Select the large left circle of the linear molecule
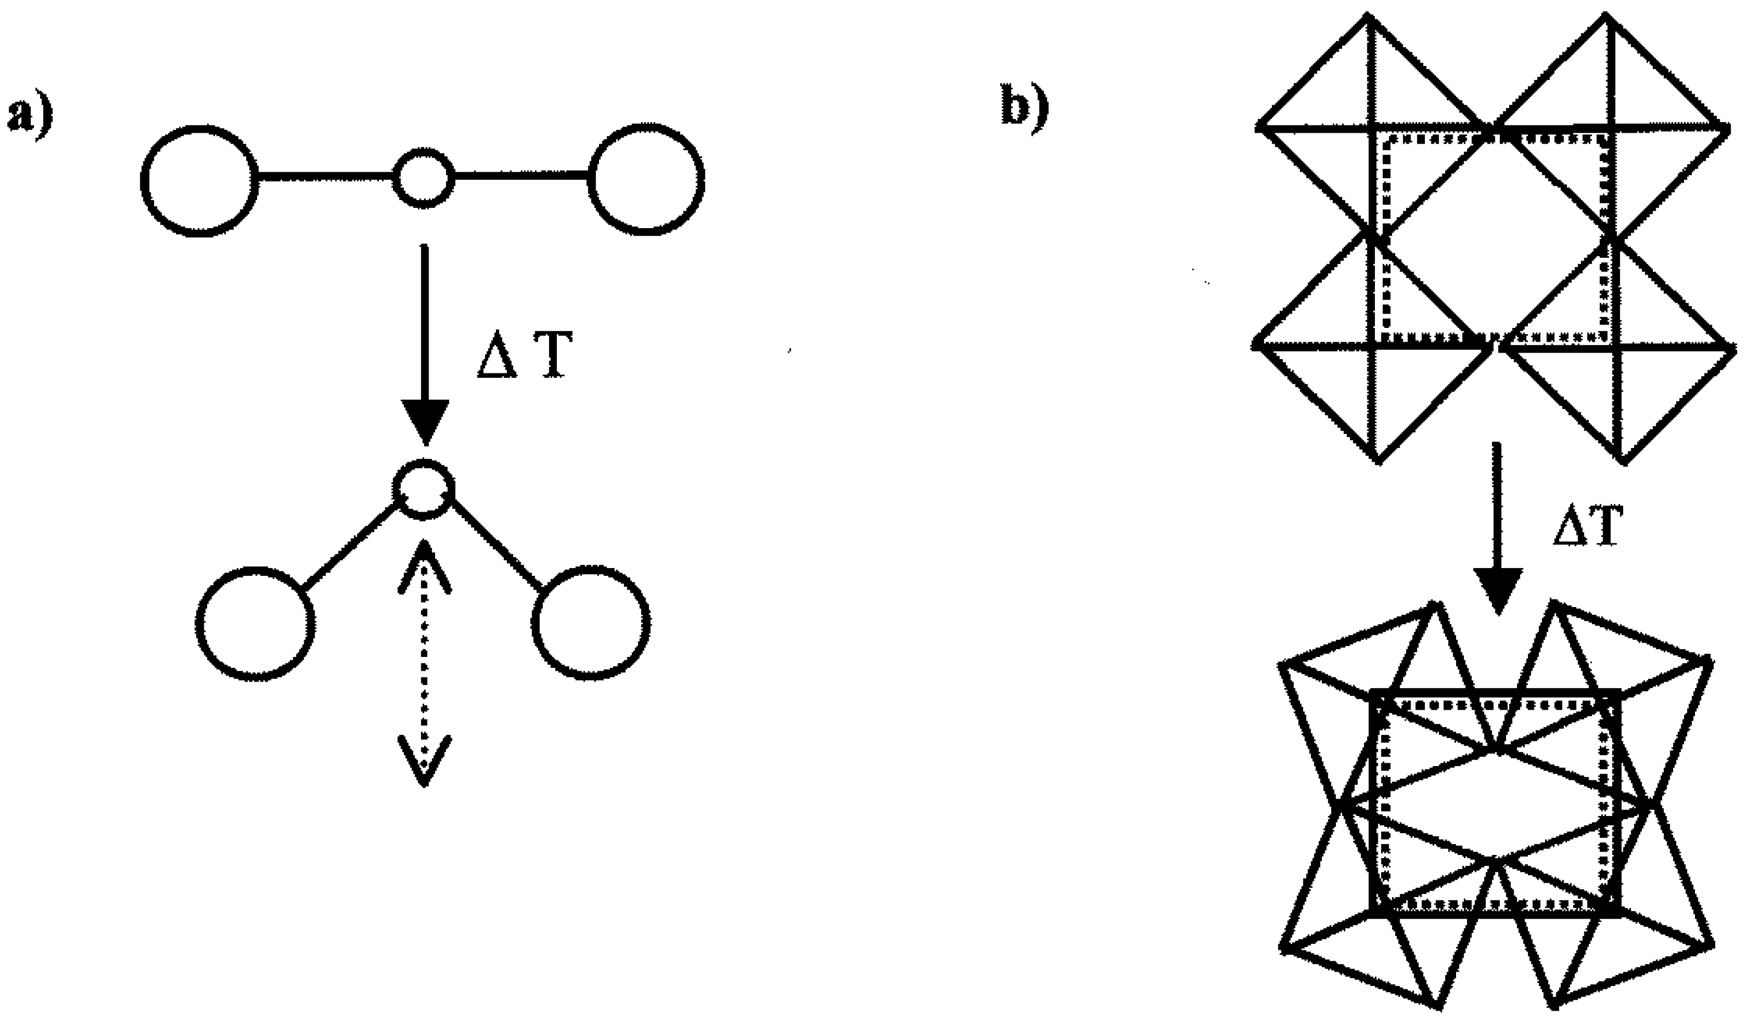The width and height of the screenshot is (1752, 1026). [199, 181]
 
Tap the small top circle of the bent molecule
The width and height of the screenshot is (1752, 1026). [424, 489]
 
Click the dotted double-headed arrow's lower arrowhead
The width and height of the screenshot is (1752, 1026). [425, 761]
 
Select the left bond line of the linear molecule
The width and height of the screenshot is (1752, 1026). [326, 179]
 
